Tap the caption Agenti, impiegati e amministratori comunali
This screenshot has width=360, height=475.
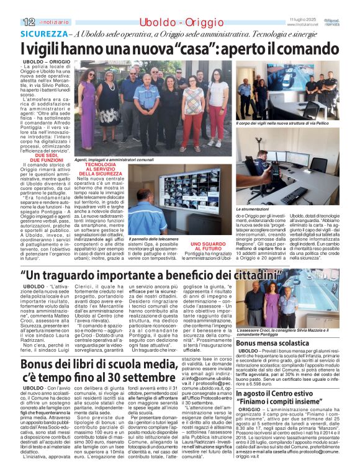pyautogui.click(x=116, y=159)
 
